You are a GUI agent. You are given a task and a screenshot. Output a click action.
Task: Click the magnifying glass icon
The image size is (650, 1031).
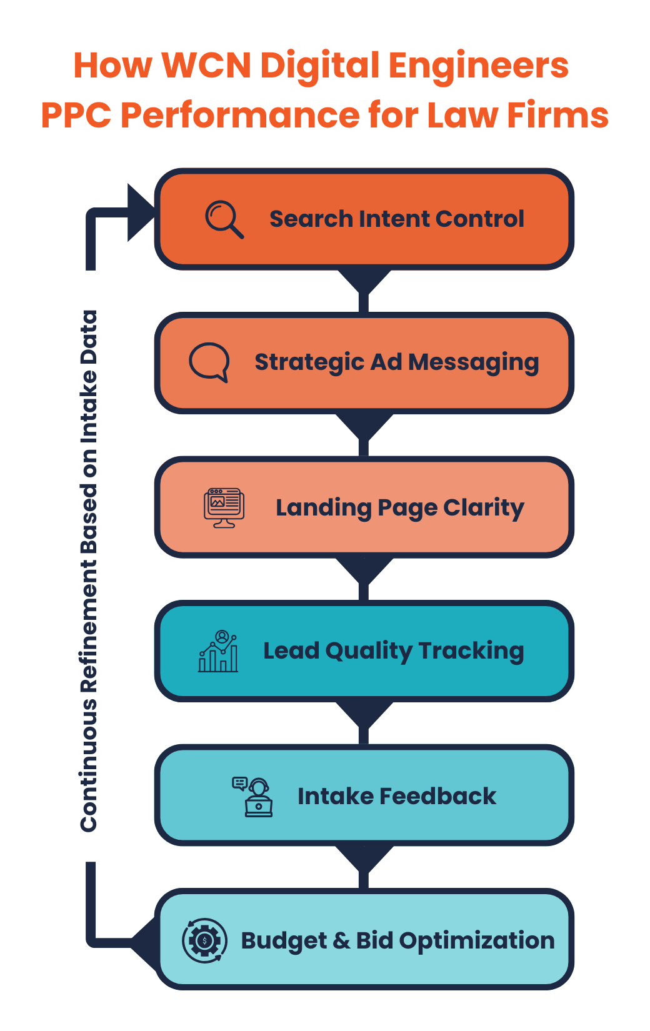point(224,219)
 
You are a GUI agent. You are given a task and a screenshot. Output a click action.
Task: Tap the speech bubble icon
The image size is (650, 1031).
point(209,362)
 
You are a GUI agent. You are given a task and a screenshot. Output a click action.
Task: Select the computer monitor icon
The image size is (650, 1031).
point(224,507)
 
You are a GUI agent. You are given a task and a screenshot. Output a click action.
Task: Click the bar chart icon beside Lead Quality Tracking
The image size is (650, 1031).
point(218,651)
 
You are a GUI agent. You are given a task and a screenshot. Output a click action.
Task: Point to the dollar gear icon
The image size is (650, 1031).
point(204,940)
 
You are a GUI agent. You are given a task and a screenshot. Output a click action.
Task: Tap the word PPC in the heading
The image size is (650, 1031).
point(76,116)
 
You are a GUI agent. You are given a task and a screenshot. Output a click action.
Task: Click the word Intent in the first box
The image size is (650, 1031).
point(394,219)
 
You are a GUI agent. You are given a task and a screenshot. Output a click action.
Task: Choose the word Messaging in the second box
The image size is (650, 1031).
point(473,363)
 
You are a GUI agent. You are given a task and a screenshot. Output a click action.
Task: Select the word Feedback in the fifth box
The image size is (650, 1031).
point(437,797)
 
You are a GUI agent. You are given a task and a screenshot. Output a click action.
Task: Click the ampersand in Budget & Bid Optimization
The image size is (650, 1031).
point(341,940)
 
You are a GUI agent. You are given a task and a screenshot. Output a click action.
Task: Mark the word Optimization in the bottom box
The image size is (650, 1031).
point(476,941)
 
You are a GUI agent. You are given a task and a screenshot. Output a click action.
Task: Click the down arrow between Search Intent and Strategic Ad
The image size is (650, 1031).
point(364,282)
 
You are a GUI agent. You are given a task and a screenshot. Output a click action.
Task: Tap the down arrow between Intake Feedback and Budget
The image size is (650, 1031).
point(364,859)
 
